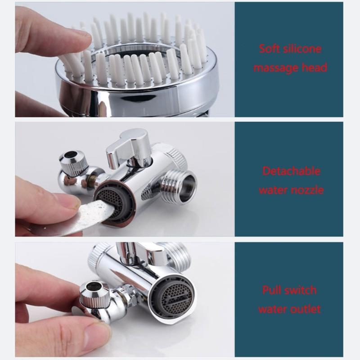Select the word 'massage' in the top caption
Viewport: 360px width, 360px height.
(x=276, y=68)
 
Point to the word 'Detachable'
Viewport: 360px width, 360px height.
(x=291, y=171)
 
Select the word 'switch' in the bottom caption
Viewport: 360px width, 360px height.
(x=301, y=290)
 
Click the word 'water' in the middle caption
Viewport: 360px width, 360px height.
(x=273, y=190)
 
